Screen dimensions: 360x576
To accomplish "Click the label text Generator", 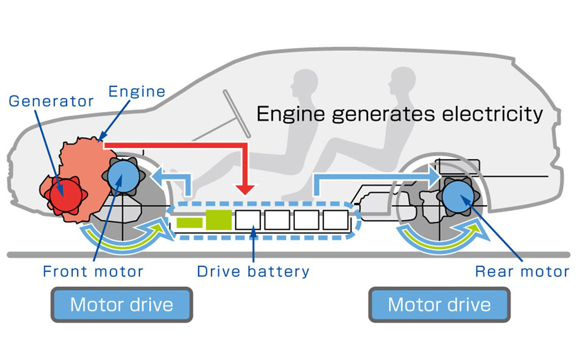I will coord(52,101).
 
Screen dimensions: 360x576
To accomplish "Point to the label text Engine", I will coord(137,91).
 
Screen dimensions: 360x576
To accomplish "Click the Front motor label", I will coord(93,271).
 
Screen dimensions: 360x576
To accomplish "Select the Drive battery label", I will coord(253,271).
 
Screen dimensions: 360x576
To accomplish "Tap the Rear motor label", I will coord(522,271).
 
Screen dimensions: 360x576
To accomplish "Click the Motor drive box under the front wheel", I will coord(122,305).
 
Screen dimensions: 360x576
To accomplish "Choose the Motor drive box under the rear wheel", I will coord(439,305).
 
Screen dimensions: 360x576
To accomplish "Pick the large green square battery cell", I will coord(218,219).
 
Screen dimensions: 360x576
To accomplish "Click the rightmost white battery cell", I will coord(335,219).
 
